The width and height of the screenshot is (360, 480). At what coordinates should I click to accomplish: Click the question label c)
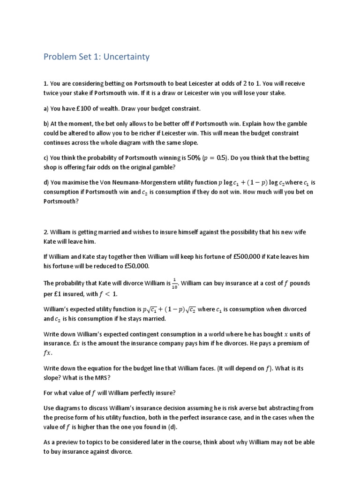(46, 158)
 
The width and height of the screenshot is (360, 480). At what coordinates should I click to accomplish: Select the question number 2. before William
(46, 232)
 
